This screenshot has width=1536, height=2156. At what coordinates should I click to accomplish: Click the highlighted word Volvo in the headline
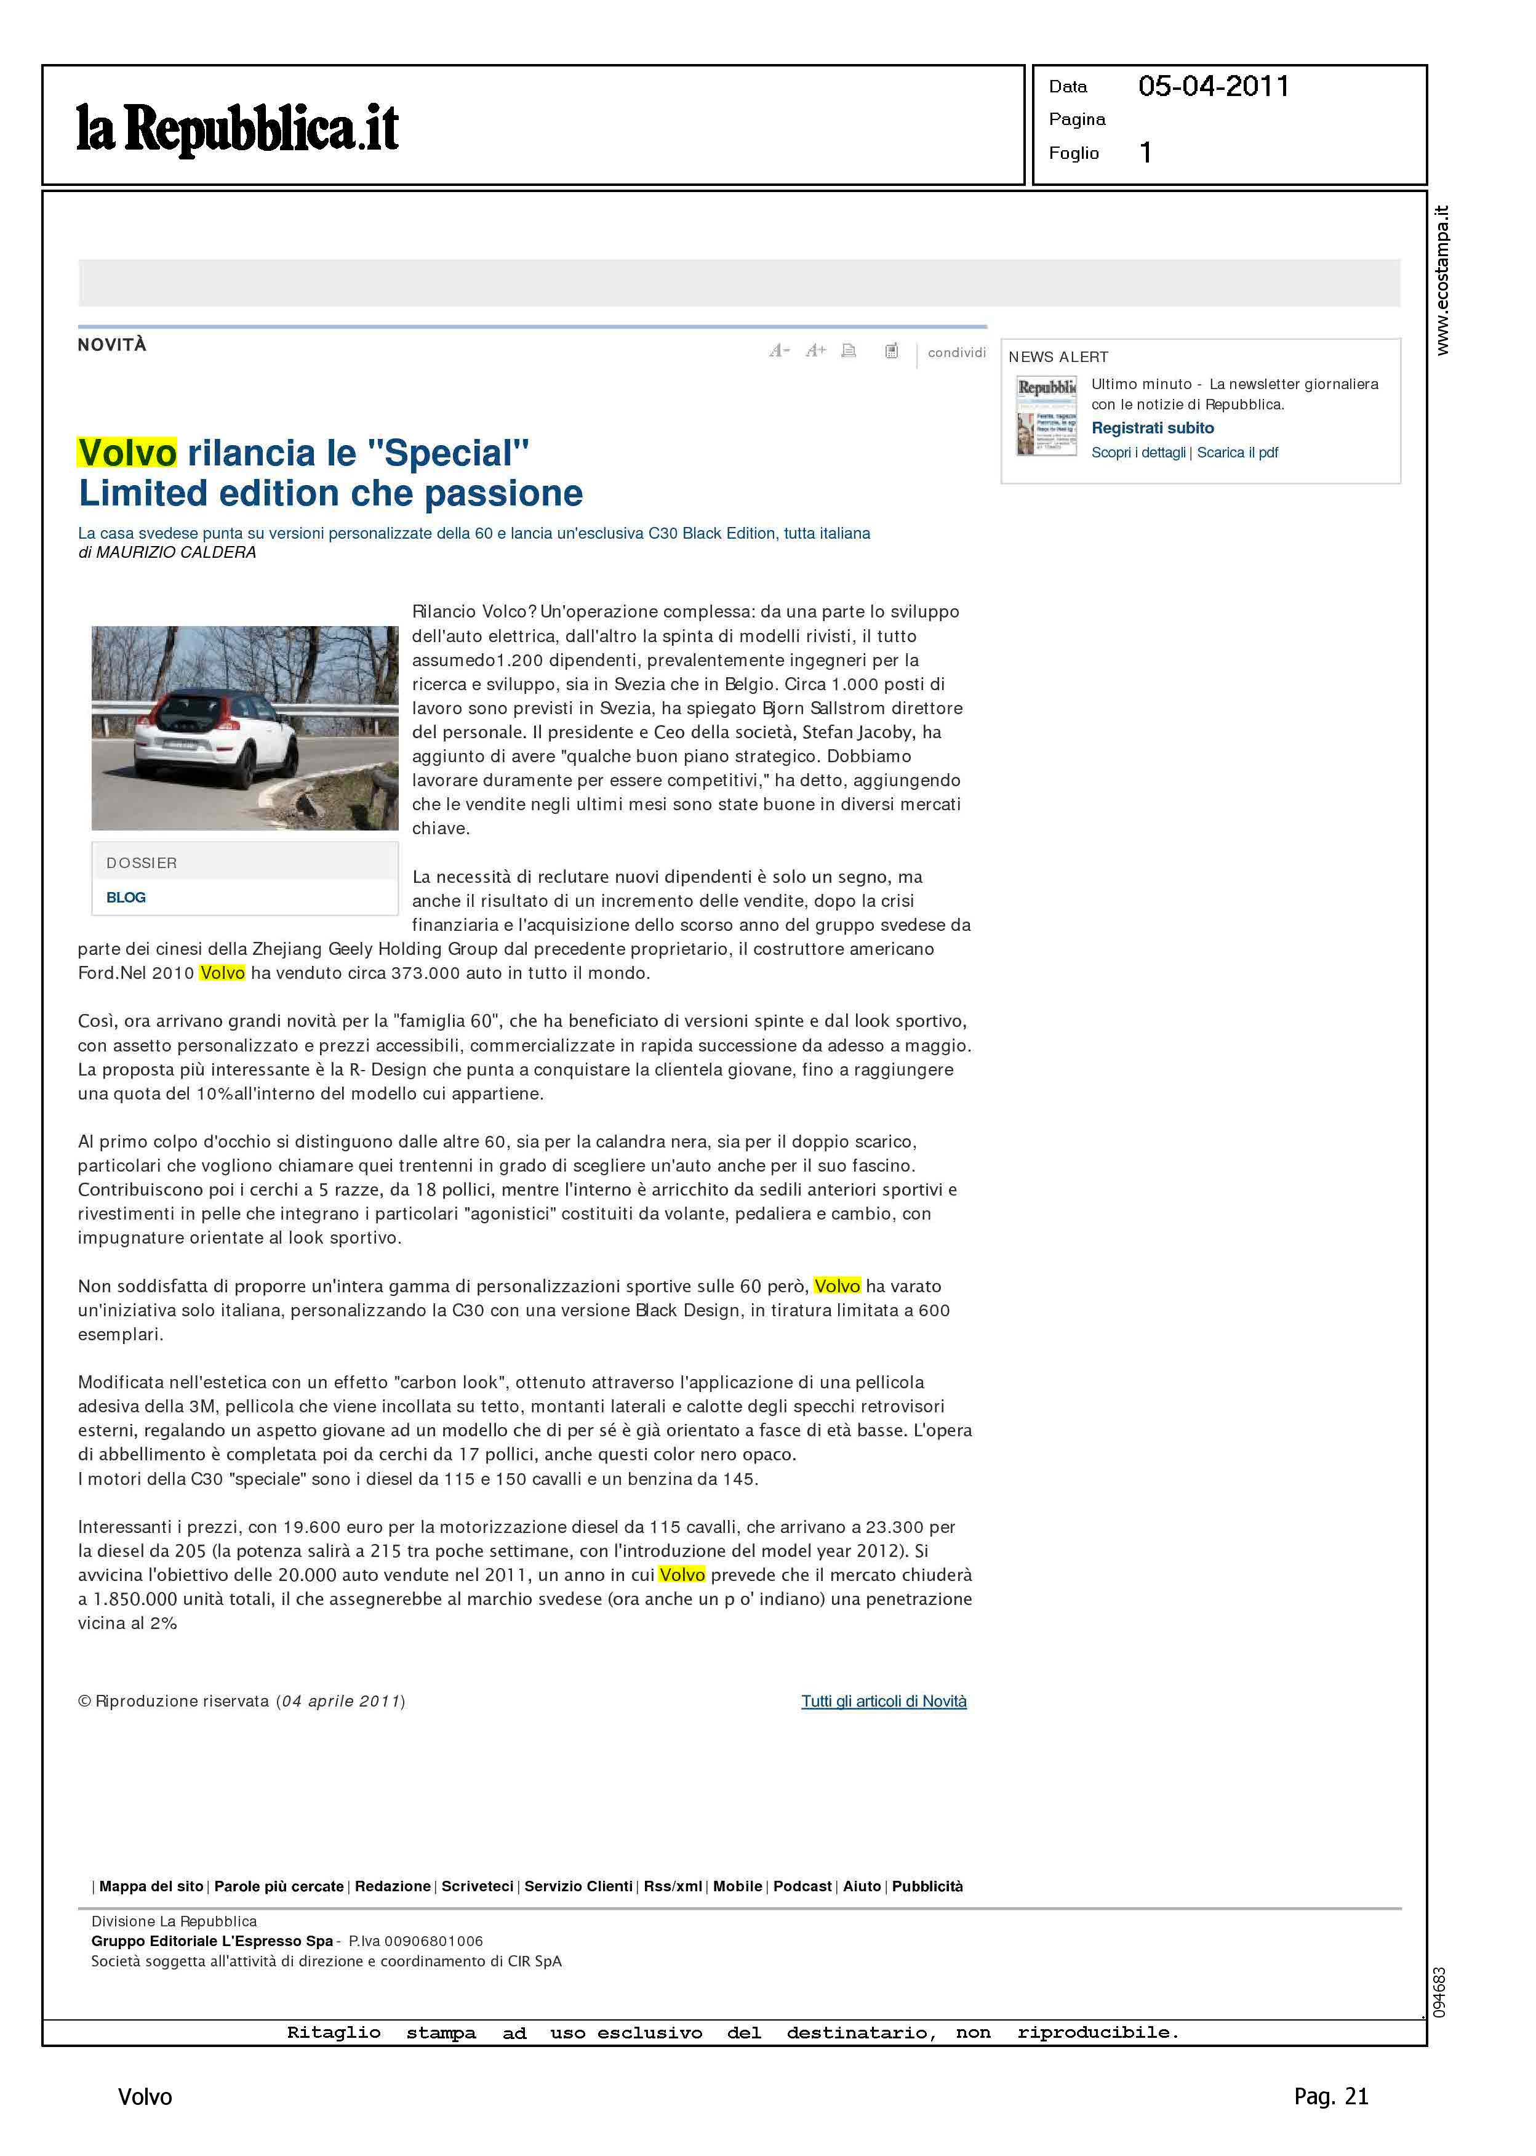tap(127, 453)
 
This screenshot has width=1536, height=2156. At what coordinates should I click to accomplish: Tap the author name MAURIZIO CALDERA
tap(176, 552)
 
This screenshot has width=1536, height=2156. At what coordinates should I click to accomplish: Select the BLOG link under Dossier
tap(126, 897)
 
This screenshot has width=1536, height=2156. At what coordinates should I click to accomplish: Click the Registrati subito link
tap(1152, 428)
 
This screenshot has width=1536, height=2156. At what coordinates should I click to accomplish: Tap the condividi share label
tap(956, 352)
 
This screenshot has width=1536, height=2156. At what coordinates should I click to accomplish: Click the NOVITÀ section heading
tap(111, 345)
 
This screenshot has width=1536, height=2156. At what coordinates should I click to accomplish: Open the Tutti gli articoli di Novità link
tap(884, 1701)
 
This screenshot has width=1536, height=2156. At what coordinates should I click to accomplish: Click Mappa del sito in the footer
tap(151, 1886)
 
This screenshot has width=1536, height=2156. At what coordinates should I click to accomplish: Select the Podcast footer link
tap(802, 1886)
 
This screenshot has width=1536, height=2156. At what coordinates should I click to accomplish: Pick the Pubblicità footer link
tap(927, 1886)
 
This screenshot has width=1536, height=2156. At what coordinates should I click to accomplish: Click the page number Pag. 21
tap(1330, 2096)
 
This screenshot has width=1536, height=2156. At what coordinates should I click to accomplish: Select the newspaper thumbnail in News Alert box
tap(1046, 416)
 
